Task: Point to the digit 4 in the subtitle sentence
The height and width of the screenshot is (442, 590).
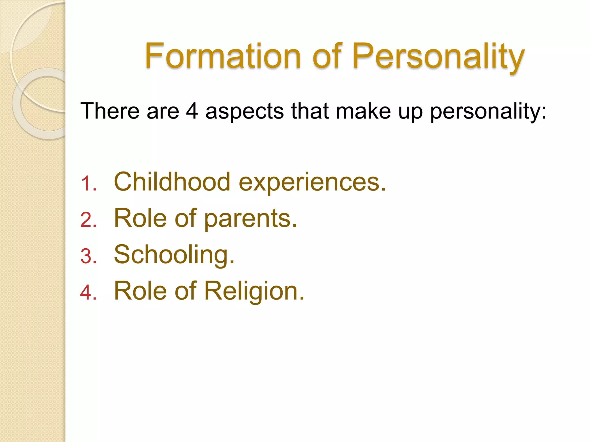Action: [x=192, y=111]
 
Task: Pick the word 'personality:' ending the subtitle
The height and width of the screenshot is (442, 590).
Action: [x=488, y=111]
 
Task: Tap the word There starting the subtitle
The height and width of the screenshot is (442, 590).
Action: [x=110, y=111]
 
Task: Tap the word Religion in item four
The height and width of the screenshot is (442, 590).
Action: [x=254, y=291]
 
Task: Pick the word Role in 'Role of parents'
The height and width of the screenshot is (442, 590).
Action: [x=140, y=218]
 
